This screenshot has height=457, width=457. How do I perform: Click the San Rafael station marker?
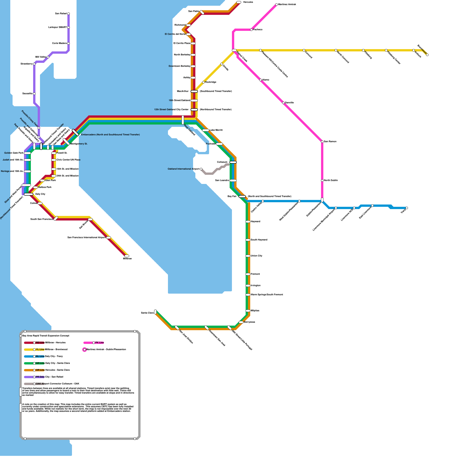[x=69, y=14]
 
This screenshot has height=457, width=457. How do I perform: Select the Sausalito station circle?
[x=34, y=94]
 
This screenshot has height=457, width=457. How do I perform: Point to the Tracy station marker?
[x=407, y=208]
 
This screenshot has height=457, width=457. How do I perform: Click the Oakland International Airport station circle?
[x=201, y=169]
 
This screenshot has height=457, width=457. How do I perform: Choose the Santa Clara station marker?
[x=155, y=312]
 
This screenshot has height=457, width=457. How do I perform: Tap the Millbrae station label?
[x=127, y=259]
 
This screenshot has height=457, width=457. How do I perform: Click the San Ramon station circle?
[x=322, y=142]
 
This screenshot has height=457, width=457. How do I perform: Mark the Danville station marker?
[x=283, y=103]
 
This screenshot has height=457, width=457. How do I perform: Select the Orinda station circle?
[x=222, y=64]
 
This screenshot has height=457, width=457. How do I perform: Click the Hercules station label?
[x=248, y=2]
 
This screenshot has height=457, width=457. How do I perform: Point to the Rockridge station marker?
[x=203, y=82]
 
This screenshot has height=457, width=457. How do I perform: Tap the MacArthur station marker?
[x=194, y=91]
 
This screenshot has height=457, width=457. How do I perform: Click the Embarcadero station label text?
[x=110, y=135]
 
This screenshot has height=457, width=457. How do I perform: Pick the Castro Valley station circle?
[x=263, y=201]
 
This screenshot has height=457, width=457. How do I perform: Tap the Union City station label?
[x=256, y=256]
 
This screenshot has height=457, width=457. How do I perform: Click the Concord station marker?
[x=304, y=50]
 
